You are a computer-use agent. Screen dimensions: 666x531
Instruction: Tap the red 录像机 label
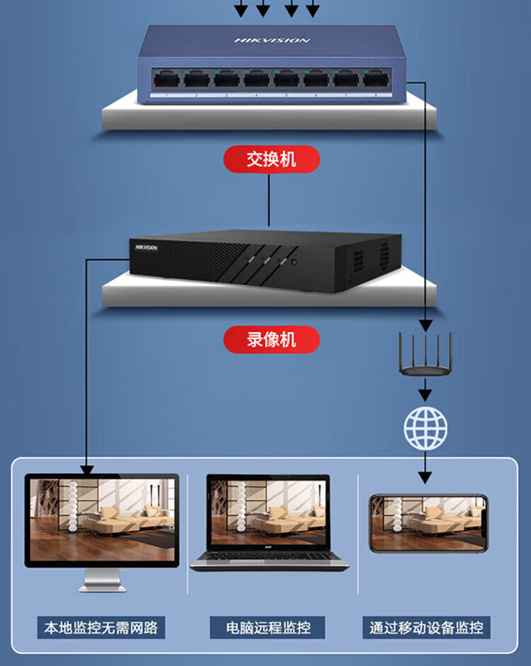pyautogui.click(x=271, y=340)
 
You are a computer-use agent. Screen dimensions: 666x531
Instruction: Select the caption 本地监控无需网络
pyautogui.click(x=101, y=627)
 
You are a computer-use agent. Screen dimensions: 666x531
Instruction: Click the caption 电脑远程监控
pyautogui.click(x=268, y=627)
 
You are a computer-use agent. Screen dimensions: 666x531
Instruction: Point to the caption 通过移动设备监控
pyautogui.click(x=426, y=627)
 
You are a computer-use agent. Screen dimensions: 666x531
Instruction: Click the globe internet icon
pyautogui.click(x=426, y=427)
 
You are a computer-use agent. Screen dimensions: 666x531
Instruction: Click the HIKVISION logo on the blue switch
pyautogui.click(x=272, y=40)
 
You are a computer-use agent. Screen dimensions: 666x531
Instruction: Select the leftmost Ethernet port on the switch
pyautogui.click(x=166, y=79)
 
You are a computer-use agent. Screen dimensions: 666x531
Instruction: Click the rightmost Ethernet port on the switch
pyautogui.click(x=376, y=79)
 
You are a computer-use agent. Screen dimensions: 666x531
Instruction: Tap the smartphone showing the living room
pyautogui.click(x=429, y=523)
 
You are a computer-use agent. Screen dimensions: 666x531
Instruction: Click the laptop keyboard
pyautogui.click(x=269, y=559)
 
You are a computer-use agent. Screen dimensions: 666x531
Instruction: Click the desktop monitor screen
pyautogui.click(x=101, y=520)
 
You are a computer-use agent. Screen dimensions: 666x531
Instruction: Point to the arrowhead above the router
pyautogui.click(x=425, y=326)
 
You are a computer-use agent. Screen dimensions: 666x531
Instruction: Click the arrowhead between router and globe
pyautogui.click(x=425, y=391)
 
